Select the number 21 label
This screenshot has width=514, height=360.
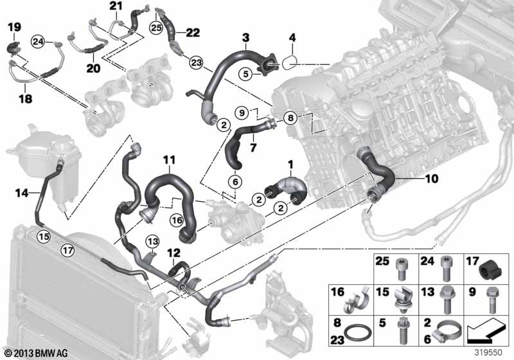tap(115, 6)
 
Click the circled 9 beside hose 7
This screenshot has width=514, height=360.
tap(240, 113)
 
